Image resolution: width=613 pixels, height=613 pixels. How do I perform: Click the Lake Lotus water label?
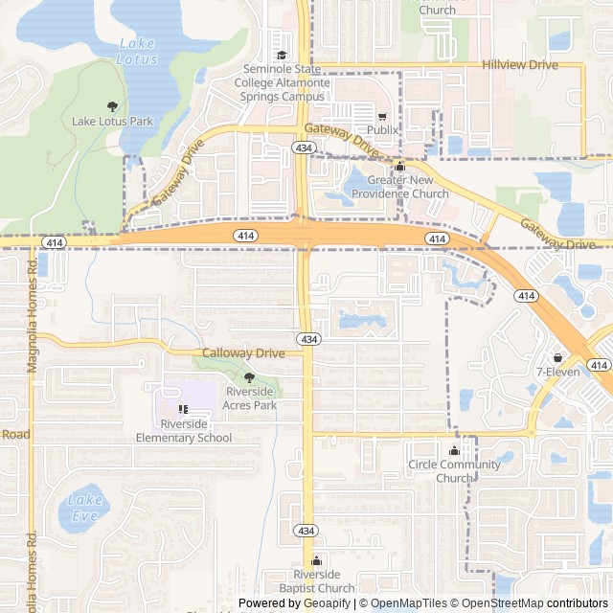pyautogui.click(x=136, y=51)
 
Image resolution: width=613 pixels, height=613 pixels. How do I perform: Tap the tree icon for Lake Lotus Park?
pyautogui.click(x=113, y=106)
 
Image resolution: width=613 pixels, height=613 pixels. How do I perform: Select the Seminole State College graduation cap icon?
pyautogui.click(x=282, y=55)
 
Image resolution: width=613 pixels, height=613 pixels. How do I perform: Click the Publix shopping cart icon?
pyautogui.click(x=381, y=116)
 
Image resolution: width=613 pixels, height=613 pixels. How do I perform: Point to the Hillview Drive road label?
pyautogui.click(x=519, y=64)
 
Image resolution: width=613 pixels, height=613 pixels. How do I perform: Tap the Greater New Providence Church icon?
pyautogui.click(x=400, y=167)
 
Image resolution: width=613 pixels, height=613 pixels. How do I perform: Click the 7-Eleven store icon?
pyautogui.click(x=557, y=357)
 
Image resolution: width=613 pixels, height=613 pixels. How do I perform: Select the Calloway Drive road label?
pyautogui.click(x=243, y=353)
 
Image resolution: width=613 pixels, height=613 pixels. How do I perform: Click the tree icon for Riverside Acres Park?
pyautogui.click(x=250, y=378)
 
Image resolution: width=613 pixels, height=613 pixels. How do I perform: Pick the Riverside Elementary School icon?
pyautogui.click(x=183, y=410)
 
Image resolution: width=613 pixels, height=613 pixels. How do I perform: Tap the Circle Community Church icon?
pyautogui.click(x=454, y=451)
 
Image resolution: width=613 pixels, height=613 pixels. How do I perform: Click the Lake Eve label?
pyautogui.click(x=84, y=507)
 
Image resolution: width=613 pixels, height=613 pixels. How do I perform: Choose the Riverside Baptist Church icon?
pyautogui.click(x=317, y=561)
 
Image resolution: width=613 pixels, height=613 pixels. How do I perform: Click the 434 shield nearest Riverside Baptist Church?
pyautogui.click(x=306, y=531)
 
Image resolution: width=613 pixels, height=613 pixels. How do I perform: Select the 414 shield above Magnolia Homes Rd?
pyautogui.click(x=55, y=243)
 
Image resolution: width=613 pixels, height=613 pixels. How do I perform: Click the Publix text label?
pyautogui.click(x=381, y=129)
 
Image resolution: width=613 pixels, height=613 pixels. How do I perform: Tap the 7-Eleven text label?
pyautogui.click(x=557, y=372)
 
